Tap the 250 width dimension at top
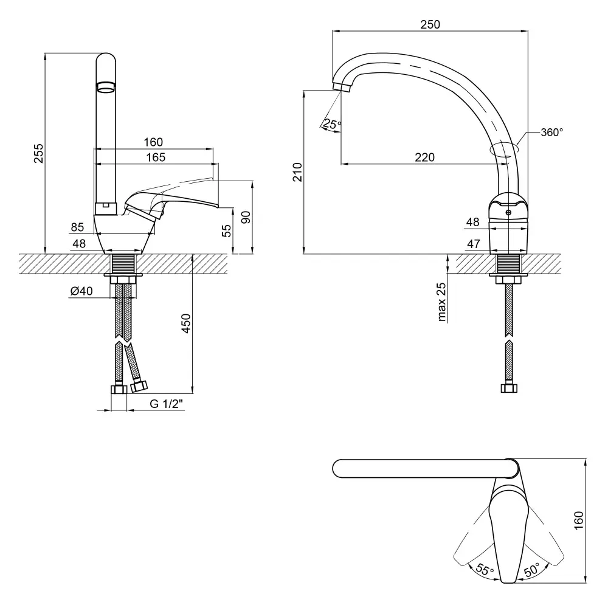430,24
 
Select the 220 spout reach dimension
424,157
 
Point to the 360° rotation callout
551,131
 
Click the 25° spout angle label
332,124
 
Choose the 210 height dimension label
297,172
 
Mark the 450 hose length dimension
186,324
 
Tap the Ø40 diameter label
81,291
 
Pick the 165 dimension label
156,157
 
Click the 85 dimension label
77,227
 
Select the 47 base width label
473,244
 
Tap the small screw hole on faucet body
508,212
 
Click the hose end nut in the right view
508,387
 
